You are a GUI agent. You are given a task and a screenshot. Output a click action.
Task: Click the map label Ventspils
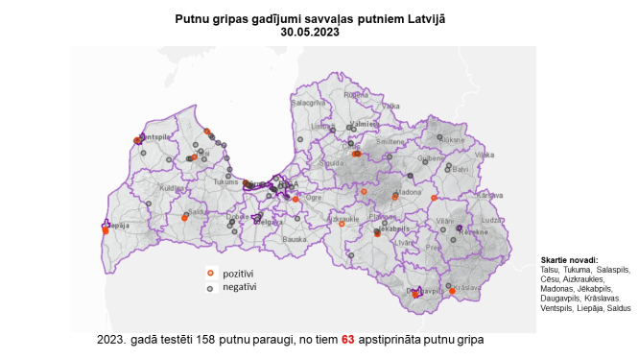[156, 137]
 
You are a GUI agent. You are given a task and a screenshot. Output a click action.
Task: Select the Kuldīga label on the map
[171, 188]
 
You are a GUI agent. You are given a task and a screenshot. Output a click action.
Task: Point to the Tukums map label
[226, 180]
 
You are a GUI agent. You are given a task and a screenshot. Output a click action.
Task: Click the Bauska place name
[294, 238]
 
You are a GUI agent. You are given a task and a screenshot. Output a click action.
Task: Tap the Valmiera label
[365, 125]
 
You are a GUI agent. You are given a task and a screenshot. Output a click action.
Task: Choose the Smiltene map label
[390, 141]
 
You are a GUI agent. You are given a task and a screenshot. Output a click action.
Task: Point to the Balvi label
[461, 169]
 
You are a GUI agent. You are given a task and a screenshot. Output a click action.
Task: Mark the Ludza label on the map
[490, 220]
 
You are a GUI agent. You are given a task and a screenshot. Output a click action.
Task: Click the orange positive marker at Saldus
[185, 218]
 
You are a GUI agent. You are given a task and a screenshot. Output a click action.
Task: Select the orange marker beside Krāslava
[452, 290]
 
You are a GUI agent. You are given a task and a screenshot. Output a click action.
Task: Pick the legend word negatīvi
[240, 287]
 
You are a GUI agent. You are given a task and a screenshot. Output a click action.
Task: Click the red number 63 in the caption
[348, 340]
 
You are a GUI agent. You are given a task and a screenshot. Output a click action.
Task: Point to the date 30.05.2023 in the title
[310, 32]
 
